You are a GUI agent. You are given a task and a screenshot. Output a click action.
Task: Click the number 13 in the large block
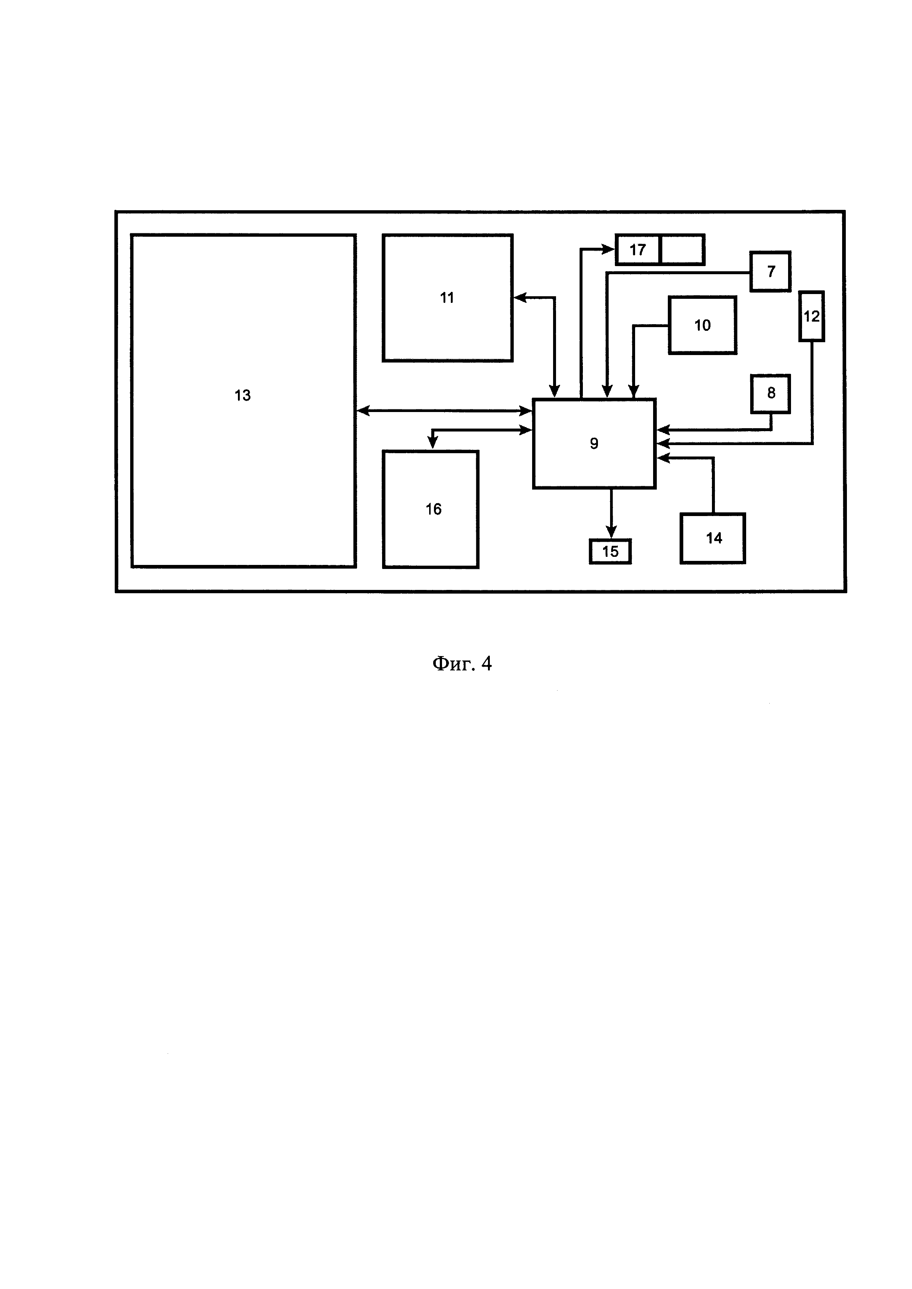pyautogui.click(x=243, y=396)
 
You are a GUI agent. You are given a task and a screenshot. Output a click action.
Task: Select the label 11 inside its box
pyautogui.click(x=447, y=298)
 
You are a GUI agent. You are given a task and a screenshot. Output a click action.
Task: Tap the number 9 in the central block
pyautogui.click(x=594, y=444)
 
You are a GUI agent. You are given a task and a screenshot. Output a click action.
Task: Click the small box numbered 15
pyautogui.click(x=610, y=551)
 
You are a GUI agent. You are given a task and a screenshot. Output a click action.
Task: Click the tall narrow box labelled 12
pyautogui.click(x=812, y=316)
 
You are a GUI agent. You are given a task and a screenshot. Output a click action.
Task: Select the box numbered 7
pyautogui.click(x=770, y=272)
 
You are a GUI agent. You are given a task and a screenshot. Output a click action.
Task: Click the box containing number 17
pyautogui.click(x=638, y=250)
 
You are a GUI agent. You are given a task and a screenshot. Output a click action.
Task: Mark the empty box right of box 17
pyautogui.click(x=682, y=250)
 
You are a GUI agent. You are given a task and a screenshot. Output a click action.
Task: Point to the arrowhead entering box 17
pyautogui.click(x=609, y=249)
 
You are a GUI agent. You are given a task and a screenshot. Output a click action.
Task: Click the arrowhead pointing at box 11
pyautogui.click(x=520, y=298)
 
